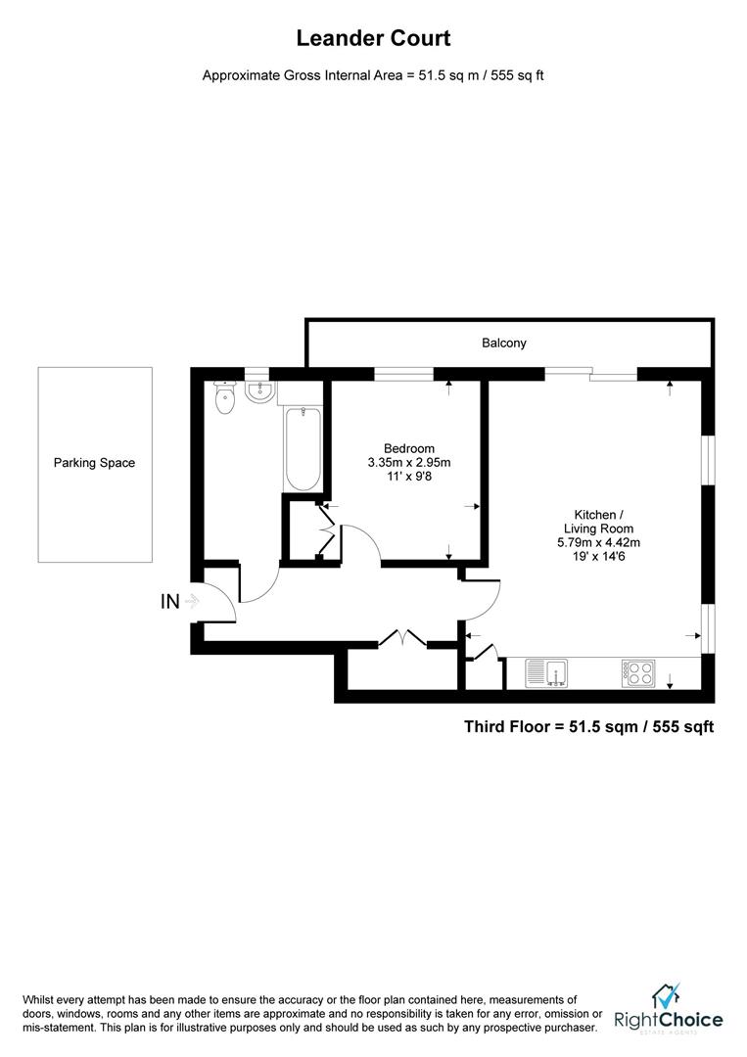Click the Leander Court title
click(x=373, y=39)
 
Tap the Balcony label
click(x=503, y=343)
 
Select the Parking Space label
click(x=94, y=463)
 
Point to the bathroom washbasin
click(x=259, y=392)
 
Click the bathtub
click(x=303, y=448)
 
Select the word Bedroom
click(x=408, y=448)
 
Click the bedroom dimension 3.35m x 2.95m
click(x=408, y=462)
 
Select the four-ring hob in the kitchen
click(x=637, y=672)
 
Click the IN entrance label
click(x=170, y=602)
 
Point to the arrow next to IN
click(x=192, y=602)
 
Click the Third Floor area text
click(x=587, y=726)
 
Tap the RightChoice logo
click(x=668, y=1009)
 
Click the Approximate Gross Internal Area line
click(x=373, y=75)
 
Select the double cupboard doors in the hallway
click(x=402, y=638)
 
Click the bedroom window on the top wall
click(x=403, y=373)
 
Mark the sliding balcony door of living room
click(x=590, y=372)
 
